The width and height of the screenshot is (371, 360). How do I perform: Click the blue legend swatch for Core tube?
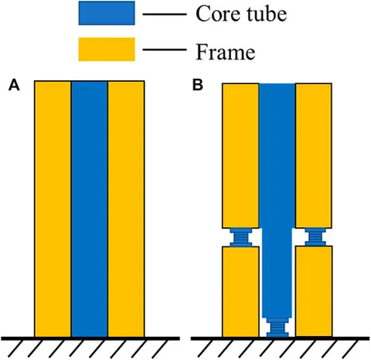pyautogui.click(x=107, y=13)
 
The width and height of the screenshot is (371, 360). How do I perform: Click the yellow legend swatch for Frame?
pyautogui.click(x=107, y=49)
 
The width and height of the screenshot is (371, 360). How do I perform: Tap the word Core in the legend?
pyautogui.click(x=218, y=14)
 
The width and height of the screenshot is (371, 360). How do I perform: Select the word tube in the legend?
pyautogui.click(x=267, y=14)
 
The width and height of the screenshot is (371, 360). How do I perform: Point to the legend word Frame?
pyautogui.click(x=226, y=52)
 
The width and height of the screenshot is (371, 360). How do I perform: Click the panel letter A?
pyautogui.click(x=14, y=85)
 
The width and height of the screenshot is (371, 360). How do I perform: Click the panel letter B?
pyautogui.click(x=198, y=85)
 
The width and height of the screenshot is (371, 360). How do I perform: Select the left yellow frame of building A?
pyautogui.click(x=53, y=209)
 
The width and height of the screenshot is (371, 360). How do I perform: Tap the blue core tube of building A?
pyautogui.click(x=90, y=209)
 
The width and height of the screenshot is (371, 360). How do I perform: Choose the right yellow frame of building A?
pyautogui.click(x=126, y=209)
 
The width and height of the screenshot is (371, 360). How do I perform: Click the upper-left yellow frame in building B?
pyautogui.click(x=240, y=155)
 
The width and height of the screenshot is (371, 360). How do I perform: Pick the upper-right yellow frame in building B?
pyautogui.click(x=314, y=155)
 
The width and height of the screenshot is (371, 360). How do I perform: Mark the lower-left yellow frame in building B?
pyautogui.click(x=240, y=291)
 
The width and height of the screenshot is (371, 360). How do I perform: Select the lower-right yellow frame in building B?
pyautogui.click(x=314, y=291)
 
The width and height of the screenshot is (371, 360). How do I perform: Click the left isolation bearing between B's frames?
pyautogui.click(x=241, y=237)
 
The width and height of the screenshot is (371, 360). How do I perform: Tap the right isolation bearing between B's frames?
pyautogui.click(x=315, y=237)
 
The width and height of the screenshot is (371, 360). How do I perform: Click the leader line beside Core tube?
pyautogui.click(x=165, y=15)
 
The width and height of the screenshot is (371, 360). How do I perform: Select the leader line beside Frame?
pyautogui.click(x=165, y=49)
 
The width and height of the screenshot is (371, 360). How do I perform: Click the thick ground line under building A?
pyautogui.click(x=90, y=338)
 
